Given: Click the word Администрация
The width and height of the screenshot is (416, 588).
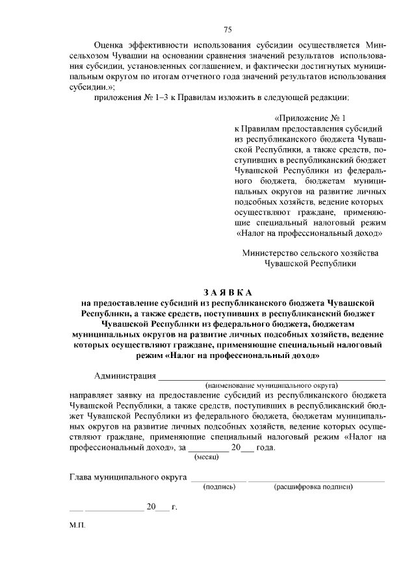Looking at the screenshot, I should coord(125,376).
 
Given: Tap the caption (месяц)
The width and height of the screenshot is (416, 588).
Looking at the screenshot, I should coord(207,457).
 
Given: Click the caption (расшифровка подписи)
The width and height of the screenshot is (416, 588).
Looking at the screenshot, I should coord(313,485).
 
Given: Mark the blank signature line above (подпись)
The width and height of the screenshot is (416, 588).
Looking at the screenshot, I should coord(218,479).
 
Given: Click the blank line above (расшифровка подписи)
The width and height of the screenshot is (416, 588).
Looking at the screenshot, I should coord(317,479).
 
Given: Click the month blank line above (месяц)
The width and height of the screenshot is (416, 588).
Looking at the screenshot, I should coord(208,450).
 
